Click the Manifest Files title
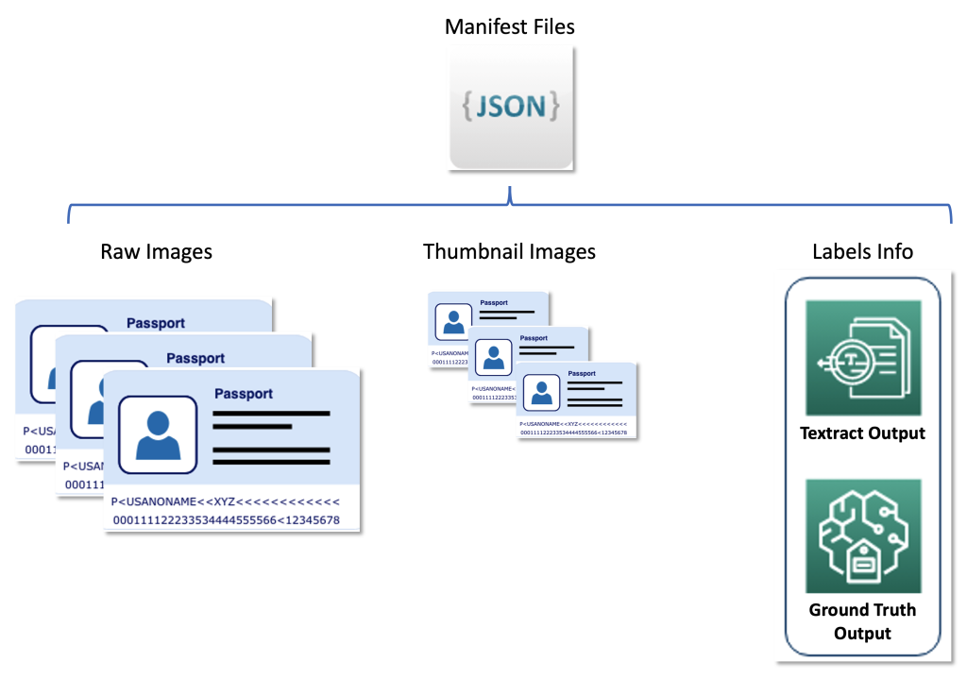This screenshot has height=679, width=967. point(509,26)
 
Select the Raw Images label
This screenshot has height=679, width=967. point(156,251)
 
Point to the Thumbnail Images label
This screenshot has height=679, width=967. point(509,251)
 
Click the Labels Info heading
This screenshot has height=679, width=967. point(862,251)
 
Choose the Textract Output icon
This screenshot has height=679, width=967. point(862,358)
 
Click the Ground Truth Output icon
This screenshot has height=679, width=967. point(862,535)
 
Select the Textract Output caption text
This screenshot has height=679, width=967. point(862,433)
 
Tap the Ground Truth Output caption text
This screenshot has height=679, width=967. point(862,620)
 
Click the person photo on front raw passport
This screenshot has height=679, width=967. point(158,434)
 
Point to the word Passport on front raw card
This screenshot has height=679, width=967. point(244,394)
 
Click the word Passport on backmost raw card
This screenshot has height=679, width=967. point(156,323)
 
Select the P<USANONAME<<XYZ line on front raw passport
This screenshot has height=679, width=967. point(226,501)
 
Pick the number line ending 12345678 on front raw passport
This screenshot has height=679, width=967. point(226,520)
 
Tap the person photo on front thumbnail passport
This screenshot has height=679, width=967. point(539,390)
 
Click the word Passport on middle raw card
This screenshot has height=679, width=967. point(195,358)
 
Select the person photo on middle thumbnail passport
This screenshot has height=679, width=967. point(492,356)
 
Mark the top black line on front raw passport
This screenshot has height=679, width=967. point(272,414)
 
